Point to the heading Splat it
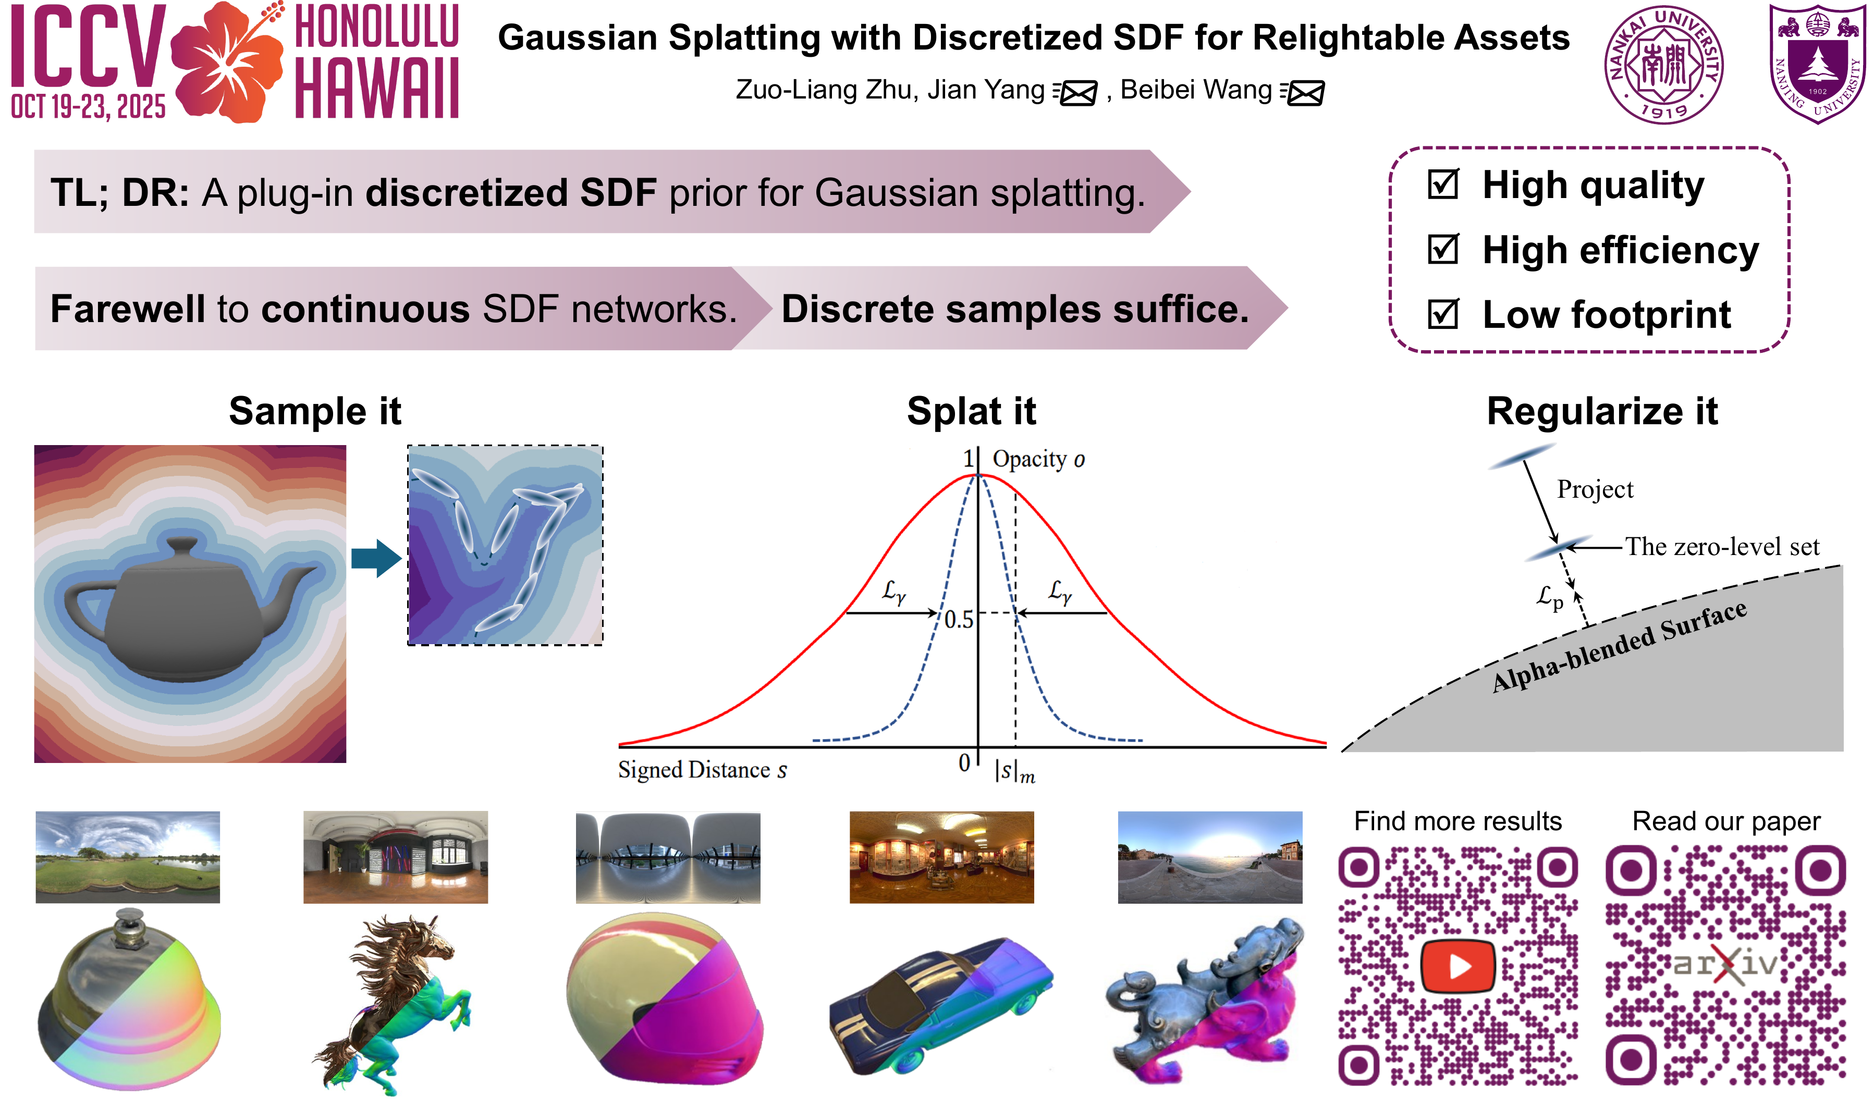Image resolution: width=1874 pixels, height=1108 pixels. click(x=971, y=411)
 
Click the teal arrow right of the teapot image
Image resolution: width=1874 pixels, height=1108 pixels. click(x=376, y=559)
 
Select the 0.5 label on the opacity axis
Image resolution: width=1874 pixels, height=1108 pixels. click(x=959, y=620)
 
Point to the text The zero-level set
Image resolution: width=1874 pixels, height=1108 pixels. click(x=1722, y=547)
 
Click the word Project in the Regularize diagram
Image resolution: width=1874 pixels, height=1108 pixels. click(x=1595, y=490)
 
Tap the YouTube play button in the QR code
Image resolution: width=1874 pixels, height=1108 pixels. click(x=1457, y=966)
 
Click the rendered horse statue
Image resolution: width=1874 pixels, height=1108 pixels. click(x=391, y=1004)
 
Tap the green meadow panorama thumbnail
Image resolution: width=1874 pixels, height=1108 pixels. click(x=128, y=857)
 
